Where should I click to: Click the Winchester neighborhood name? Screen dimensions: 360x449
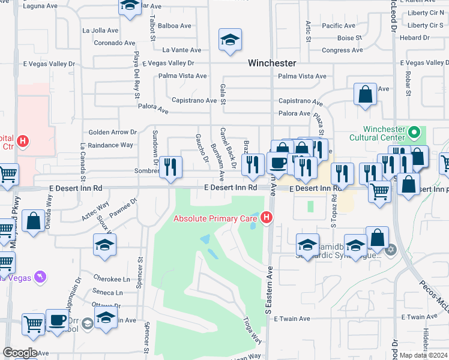[273, 63]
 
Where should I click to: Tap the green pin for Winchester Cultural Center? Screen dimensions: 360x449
[413, 131]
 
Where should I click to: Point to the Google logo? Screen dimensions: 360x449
[20, 353]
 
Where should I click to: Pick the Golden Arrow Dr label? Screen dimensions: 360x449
[113, 132]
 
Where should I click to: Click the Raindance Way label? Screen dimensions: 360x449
[110, 145]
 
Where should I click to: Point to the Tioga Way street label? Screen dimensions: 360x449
[252, 331]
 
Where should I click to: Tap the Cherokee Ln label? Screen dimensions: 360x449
[112, 279]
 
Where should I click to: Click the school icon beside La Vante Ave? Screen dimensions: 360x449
[230, 40]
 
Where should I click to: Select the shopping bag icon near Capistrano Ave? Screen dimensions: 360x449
[365, 94]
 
